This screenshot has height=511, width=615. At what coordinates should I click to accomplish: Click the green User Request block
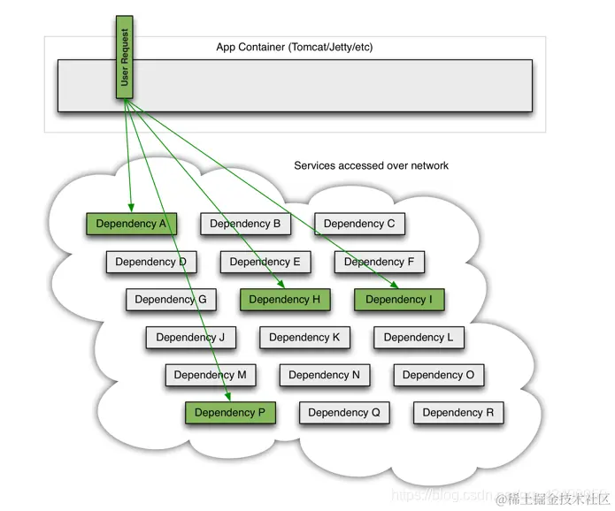click(124, 56)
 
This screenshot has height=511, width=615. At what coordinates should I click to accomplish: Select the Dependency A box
click(131, 224)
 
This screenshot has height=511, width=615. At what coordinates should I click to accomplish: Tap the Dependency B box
click(245, 224)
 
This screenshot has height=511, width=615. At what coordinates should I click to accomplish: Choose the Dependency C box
click(359, 224)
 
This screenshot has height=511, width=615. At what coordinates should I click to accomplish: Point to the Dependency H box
click(284, 299)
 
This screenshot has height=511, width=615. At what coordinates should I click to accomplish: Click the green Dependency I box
click(399, 299)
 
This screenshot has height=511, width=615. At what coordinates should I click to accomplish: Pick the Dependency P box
click(230, 412)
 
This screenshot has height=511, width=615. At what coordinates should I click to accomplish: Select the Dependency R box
click(458, 412)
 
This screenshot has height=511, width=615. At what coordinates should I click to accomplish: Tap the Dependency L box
click(419, 337)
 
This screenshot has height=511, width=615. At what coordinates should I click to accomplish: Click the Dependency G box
click(171, 299)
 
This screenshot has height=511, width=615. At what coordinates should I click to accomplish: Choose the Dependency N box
click(324, 375)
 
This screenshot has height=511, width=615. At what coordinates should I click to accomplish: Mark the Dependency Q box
click(344, 412)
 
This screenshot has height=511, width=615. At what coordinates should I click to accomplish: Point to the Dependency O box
click(438, 375)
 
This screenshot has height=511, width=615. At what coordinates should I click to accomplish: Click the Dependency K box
click(304, 337)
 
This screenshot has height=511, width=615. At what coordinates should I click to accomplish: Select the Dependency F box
click(380, 262)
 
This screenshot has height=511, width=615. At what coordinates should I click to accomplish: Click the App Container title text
click(294, 47)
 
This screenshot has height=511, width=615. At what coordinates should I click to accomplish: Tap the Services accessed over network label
click(371, 165)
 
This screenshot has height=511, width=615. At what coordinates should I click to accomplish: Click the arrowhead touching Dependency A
click(130, 209)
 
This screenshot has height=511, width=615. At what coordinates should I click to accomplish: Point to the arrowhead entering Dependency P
click(228, 397)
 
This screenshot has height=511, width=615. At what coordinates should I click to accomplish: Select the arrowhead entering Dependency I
click(393, 285)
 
